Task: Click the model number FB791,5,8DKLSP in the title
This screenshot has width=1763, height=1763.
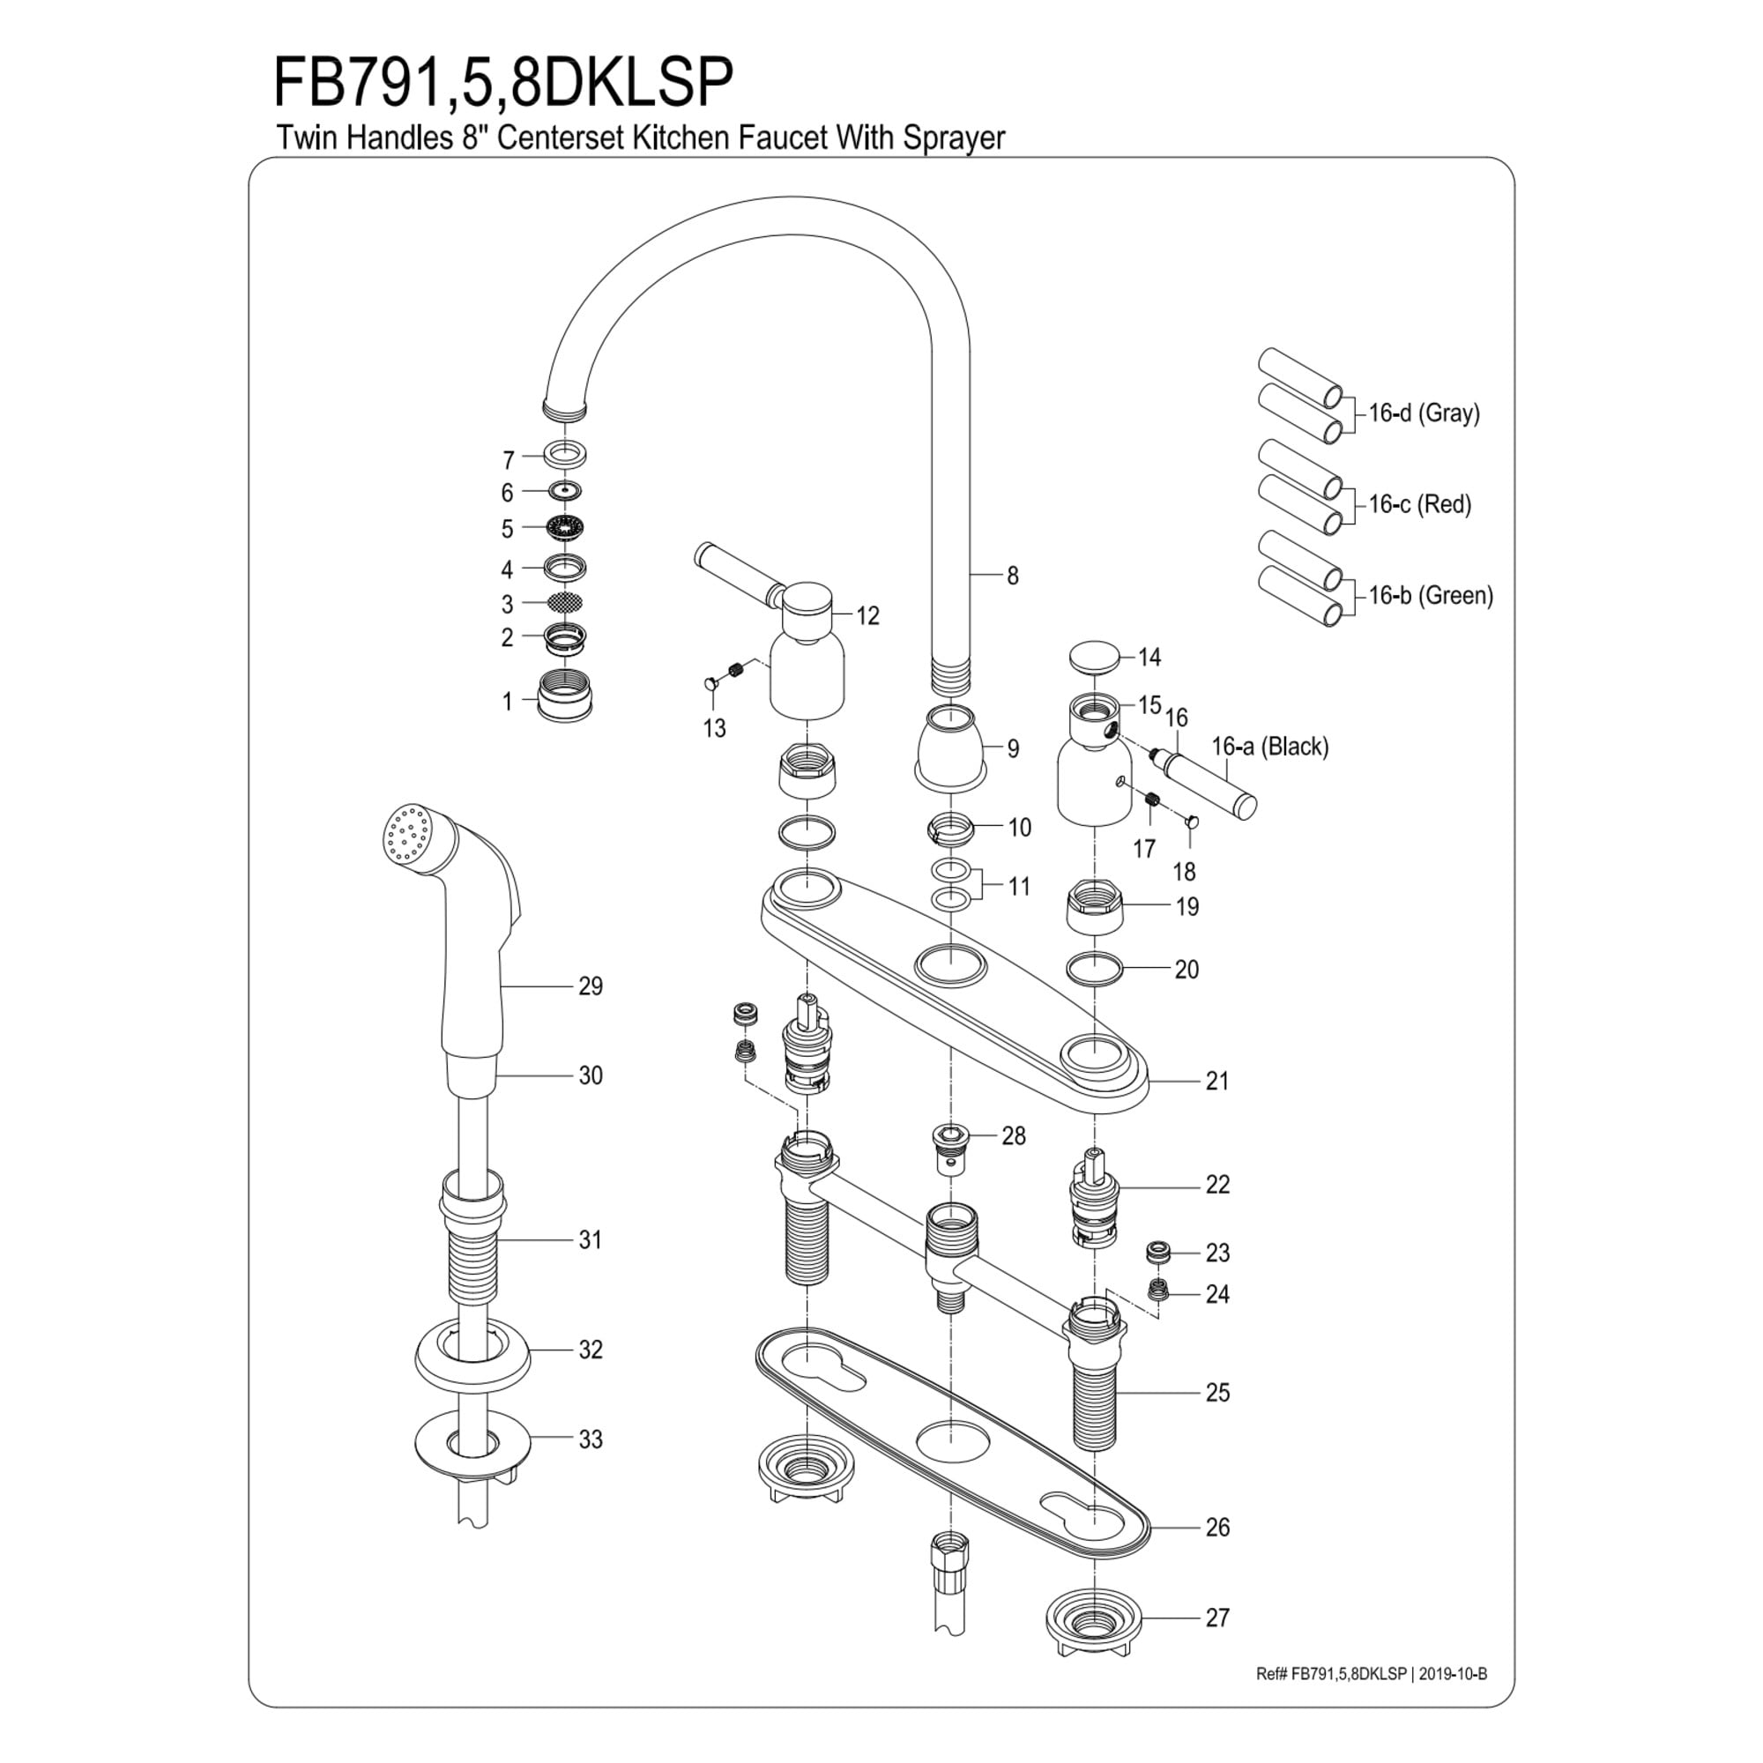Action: pos(503,84)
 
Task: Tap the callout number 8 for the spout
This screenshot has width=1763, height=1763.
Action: pos(1012,576)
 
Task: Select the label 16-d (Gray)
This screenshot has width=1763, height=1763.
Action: pos(1424,413)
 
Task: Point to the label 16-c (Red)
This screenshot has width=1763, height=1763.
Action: pos(1420,503)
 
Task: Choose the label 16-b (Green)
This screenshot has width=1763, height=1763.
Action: pos(1430,596)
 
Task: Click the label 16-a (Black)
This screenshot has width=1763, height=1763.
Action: pos(1269,747)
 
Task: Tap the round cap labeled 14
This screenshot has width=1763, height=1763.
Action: pos(1094,657)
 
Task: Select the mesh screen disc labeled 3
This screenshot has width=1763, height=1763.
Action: pos(565,602)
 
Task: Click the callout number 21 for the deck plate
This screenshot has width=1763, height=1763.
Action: pos(1217,1082)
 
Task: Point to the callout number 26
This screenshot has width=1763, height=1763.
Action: pos(1217,1528)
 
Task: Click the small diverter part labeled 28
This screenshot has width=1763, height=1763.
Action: pos(951,1146)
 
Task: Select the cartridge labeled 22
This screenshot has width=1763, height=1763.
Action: pos(1094,1195)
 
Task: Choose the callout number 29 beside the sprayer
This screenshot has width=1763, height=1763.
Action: pos(591,986)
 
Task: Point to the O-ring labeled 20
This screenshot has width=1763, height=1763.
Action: pos(1094,969)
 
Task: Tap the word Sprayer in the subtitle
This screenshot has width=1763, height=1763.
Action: pos(954,138)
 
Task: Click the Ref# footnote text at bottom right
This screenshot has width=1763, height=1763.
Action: pos(1372,1675)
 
